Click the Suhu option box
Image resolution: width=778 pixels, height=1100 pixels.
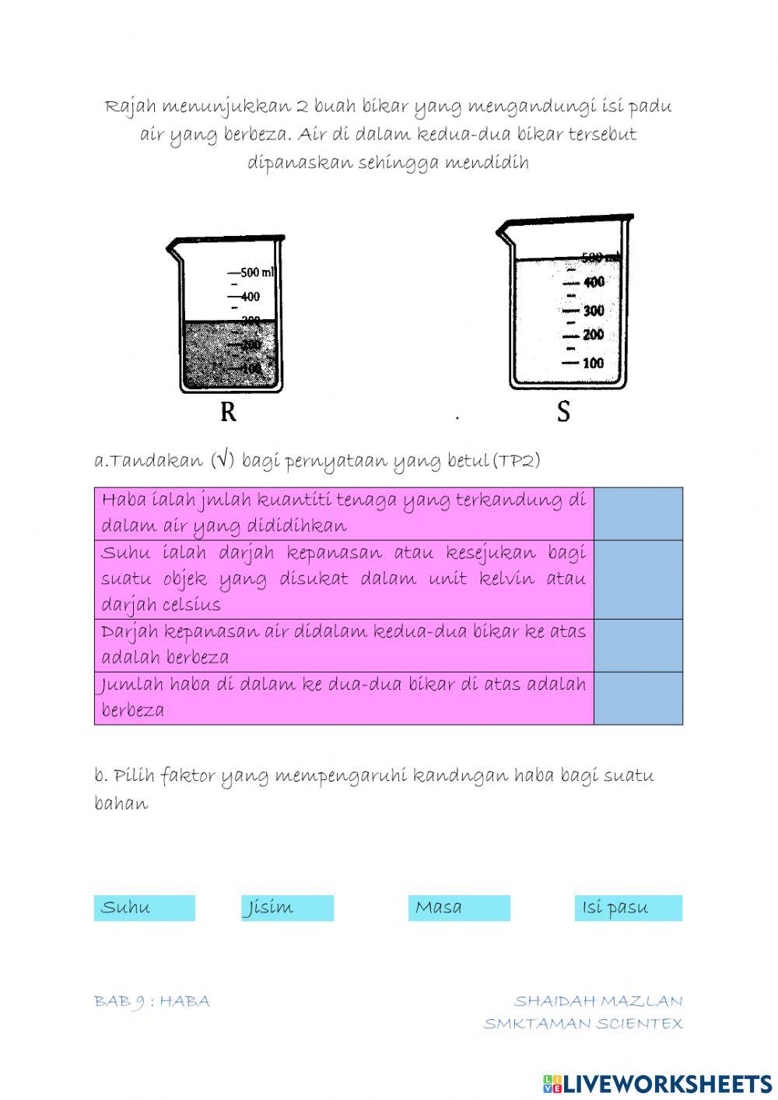(x=144, y=908)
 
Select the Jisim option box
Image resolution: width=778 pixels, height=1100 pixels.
(x=287, y=908)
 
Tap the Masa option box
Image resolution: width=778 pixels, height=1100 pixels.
(x=459, y=908)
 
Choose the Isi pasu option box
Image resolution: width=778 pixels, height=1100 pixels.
(x=628, y=908)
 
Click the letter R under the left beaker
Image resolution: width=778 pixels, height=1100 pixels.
(x=228, y=412)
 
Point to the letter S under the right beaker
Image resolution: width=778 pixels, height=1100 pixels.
(x=563, y=412)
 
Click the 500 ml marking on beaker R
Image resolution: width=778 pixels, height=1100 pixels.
(x=257, y=272)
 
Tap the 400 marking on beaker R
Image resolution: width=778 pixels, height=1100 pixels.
(x=250, y=297)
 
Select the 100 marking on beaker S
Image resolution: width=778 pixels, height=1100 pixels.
(x=593, y=363)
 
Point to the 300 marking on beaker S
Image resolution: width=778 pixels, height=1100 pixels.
(x=593, y=311)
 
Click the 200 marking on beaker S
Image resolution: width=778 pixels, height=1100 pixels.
(x=593, y=336)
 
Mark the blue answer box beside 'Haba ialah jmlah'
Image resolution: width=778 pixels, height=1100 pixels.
(x=638, y=514)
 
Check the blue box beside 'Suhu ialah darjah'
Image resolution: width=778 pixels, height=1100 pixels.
(x=638, y=580)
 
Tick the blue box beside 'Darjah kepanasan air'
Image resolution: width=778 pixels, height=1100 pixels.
(x=638, y=645)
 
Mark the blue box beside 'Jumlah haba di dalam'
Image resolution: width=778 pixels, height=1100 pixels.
(x=638, y=698)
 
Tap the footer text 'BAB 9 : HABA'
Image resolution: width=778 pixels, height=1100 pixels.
(x=152, y=1001)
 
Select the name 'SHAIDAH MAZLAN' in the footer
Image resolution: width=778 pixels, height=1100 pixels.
(x=598, y=1001)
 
